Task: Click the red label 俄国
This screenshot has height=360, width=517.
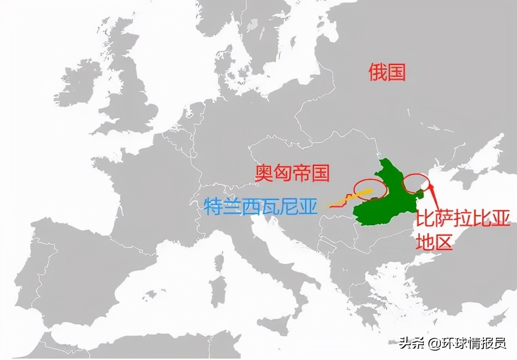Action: click(x=387, y=72)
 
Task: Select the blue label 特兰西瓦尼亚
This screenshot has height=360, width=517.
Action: click(x=260, y=206)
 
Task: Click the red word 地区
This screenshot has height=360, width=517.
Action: click(x=434, y=242)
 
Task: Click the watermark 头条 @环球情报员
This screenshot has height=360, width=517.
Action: click(x=452, y=344)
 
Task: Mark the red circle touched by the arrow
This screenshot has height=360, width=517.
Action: click(x=416, y=183)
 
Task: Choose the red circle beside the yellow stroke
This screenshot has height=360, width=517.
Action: click(x=369, y=189)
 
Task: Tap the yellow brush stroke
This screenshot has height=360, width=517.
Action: click(x=348, y=198)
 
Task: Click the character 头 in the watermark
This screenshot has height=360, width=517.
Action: click(x=405, y=344)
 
